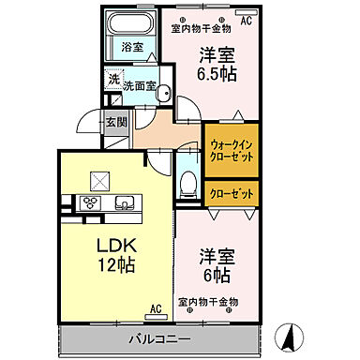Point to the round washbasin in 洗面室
coord(161,91)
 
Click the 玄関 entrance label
coord(115,121)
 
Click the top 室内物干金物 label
coord(201,27)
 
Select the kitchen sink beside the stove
coord(124,202)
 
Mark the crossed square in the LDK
coord(97,180)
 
